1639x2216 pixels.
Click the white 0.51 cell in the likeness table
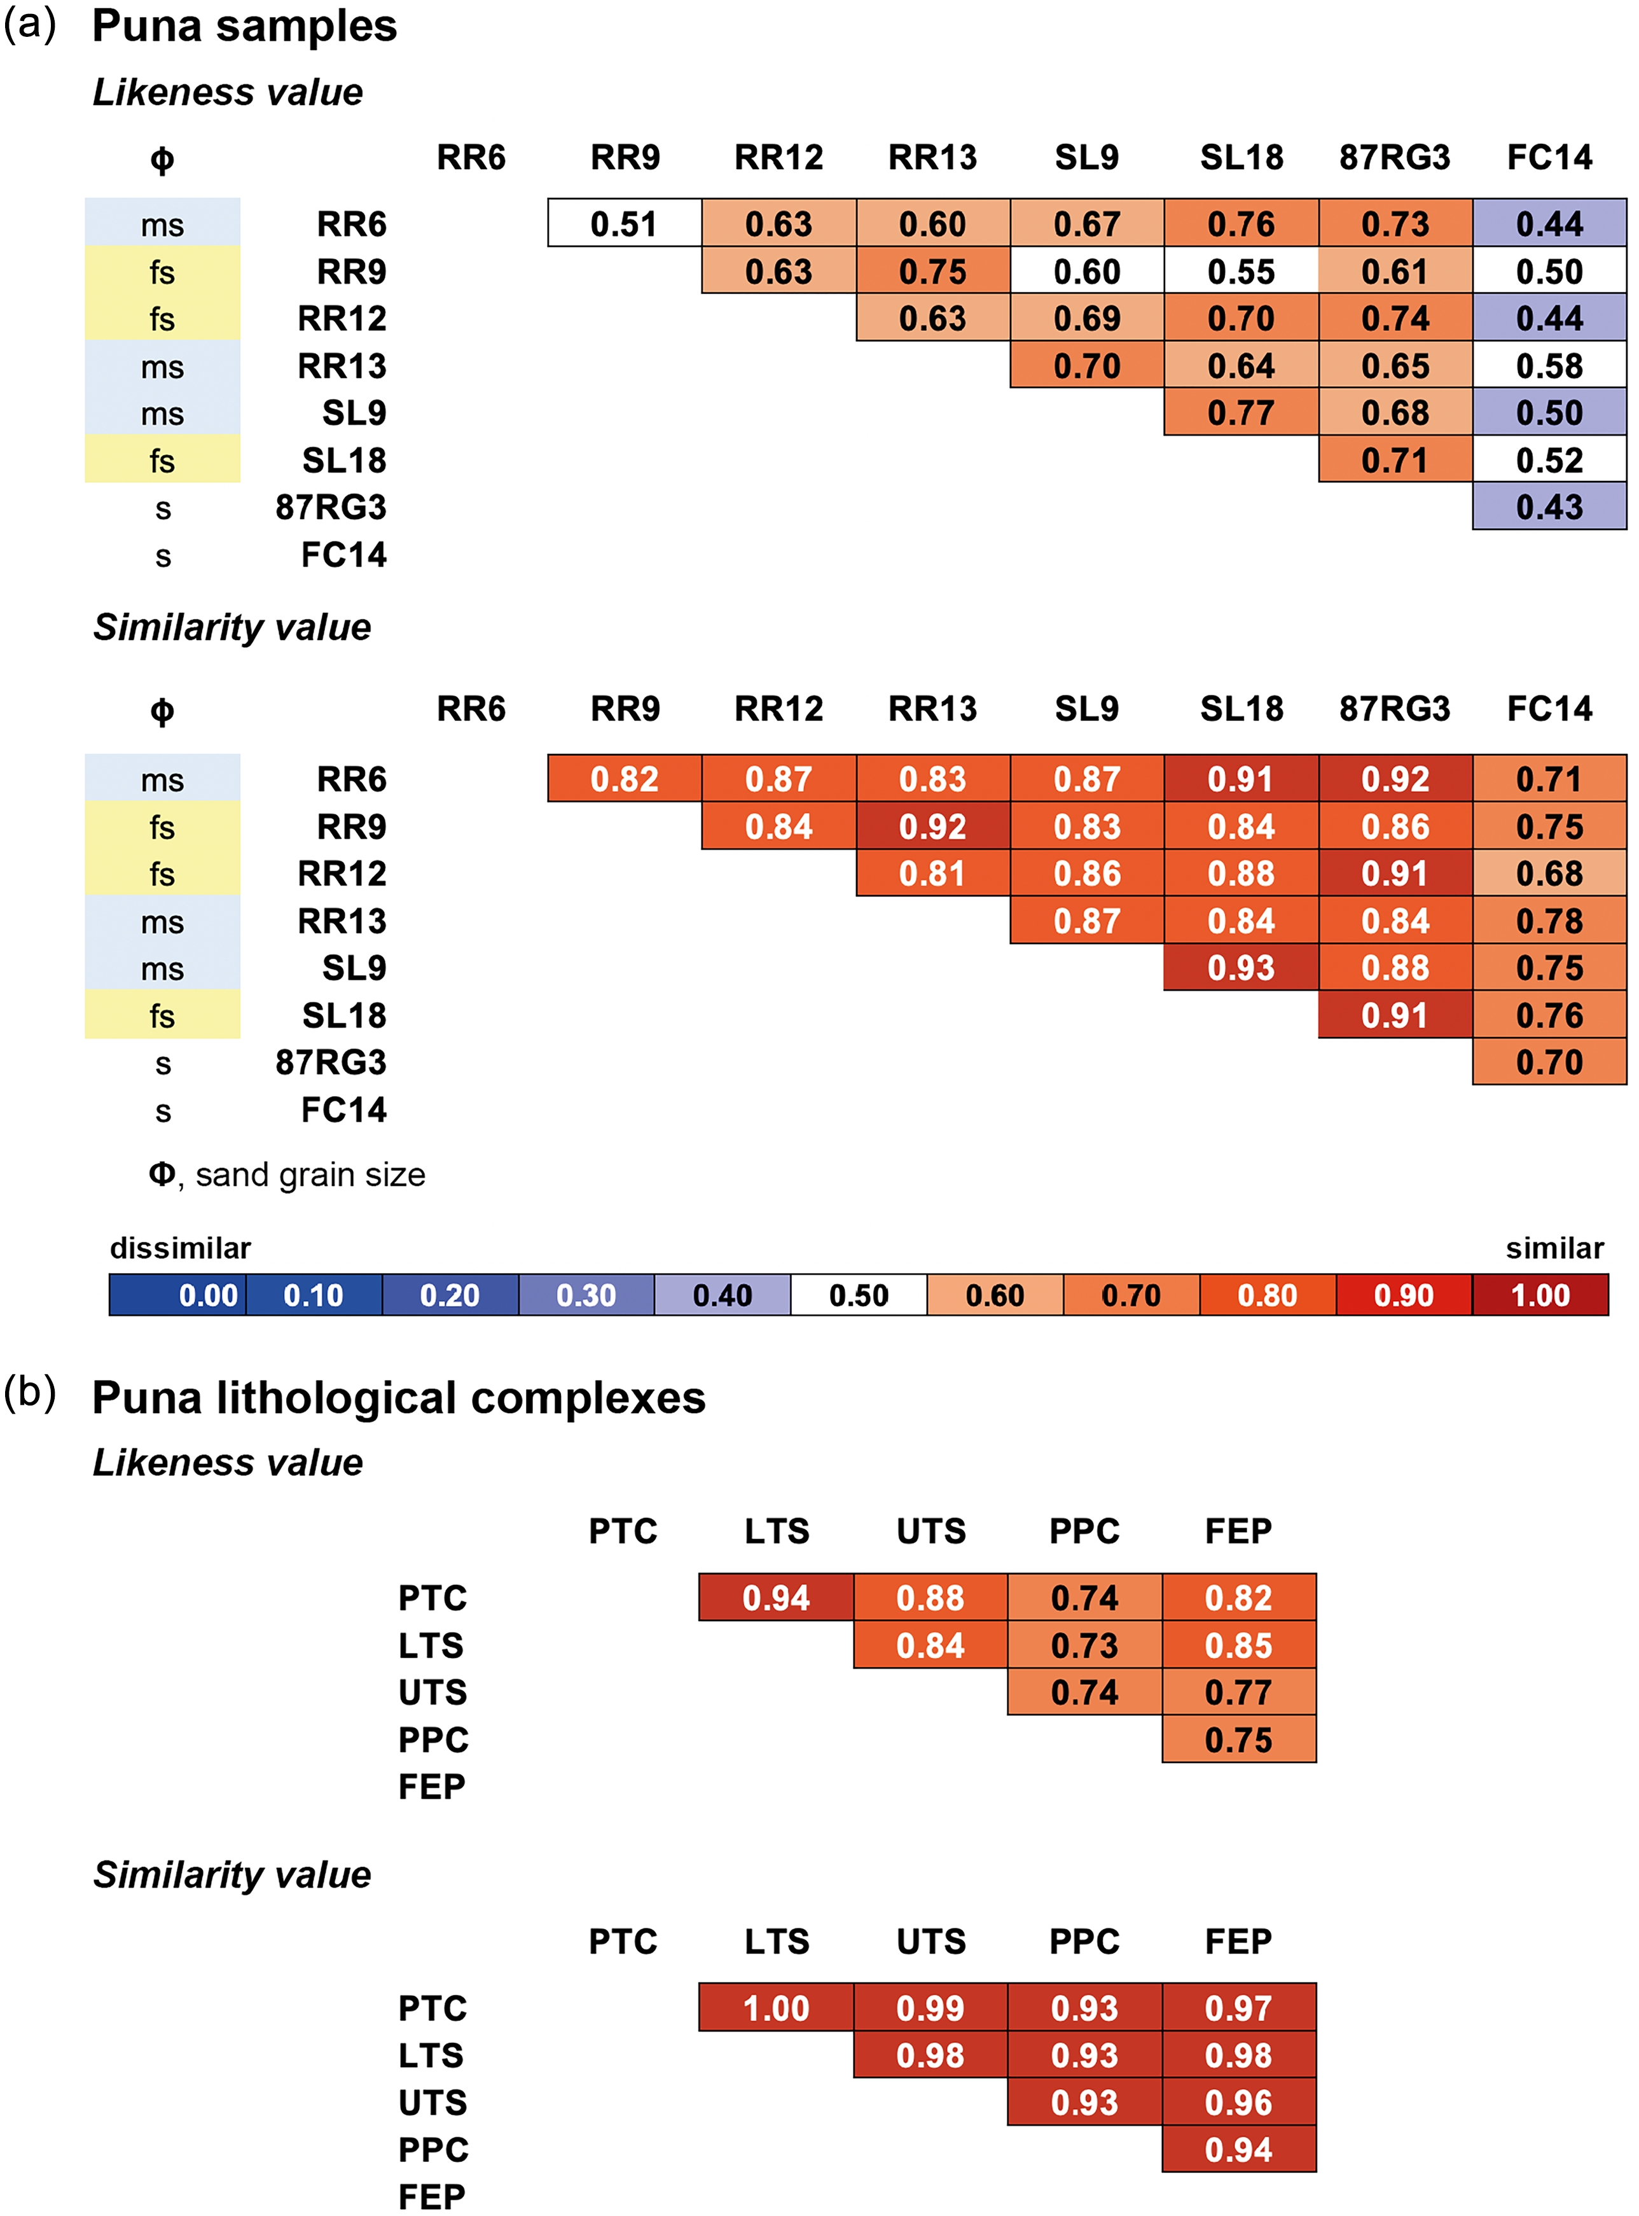pyautogui.click(x=624, y=223)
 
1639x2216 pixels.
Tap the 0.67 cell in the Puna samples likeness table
pyautogui.click(x=1086, y=223)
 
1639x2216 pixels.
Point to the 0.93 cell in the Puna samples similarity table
pyautogui.click(x=1240, y=968)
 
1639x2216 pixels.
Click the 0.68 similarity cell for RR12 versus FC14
pyautogui.click(x=1549, y=874)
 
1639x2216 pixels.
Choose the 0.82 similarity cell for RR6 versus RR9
pyautogui.click(x=624, y=779)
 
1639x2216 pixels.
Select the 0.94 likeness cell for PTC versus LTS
pyautogui.click(x=776, y=1598)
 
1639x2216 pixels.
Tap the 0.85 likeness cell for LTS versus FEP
pyautogui.click(x=1238, y=1645)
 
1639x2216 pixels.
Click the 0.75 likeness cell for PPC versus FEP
pyautogui.click(x=1238, y=1739)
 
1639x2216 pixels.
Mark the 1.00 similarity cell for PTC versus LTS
pyautogui.click(x=776, y=2007)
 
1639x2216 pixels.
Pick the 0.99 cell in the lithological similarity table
pyautogui.click(x=930, y=2007)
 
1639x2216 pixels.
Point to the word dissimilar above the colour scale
pyautogui.click(x=181, y=1248)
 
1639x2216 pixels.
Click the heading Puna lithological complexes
pyautogui.click(x=399, y=1397)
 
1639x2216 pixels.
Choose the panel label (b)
pyautogui.click(x=30, y=1392)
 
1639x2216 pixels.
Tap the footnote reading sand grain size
pyautogui.click(x=310, y=1174)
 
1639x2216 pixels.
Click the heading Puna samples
pyautogui.click(x=244, y=26)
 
